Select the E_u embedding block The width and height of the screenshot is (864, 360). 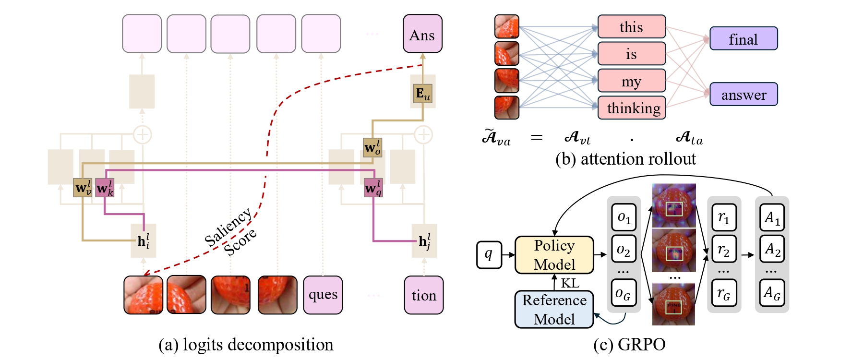click(422, 94)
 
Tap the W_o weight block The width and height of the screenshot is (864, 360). click(372, 147)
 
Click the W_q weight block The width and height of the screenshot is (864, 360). click(373, 188)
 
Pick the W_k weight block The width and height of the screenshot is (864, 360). click(105, 188)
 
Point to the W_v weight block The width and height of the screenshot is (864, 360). click(83, 188)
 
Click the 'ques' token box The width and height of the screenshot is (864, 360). click(323, 295)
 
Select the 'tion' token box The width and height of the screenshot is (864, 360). click(423, 295)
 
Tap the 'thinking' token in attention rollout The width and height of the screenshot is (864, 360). click(631, 108)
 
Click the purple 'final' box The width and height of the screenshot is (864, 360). click(743, 38)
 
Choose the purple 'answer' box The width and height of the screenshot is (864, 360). click(743, 94)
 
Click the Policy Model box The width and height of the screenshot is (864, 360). click(554, 255)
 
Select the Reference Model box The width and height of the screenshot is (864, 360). click(554, 310)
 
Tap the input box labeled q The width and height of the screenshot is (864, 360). click(489, 254)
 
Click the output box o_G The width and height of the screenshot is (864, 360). click(623, 293)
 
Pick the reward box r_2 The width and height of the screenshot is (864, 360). click(723, 249)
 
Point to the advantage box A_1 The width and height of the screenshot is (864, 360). click(771, 217)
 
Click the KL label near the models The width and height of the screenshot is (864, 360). click(570, 283)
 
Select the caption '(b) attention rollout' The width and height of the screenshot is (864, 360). click(625, 159)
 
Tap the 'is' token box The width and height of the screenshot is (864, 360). click(631, 53)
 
